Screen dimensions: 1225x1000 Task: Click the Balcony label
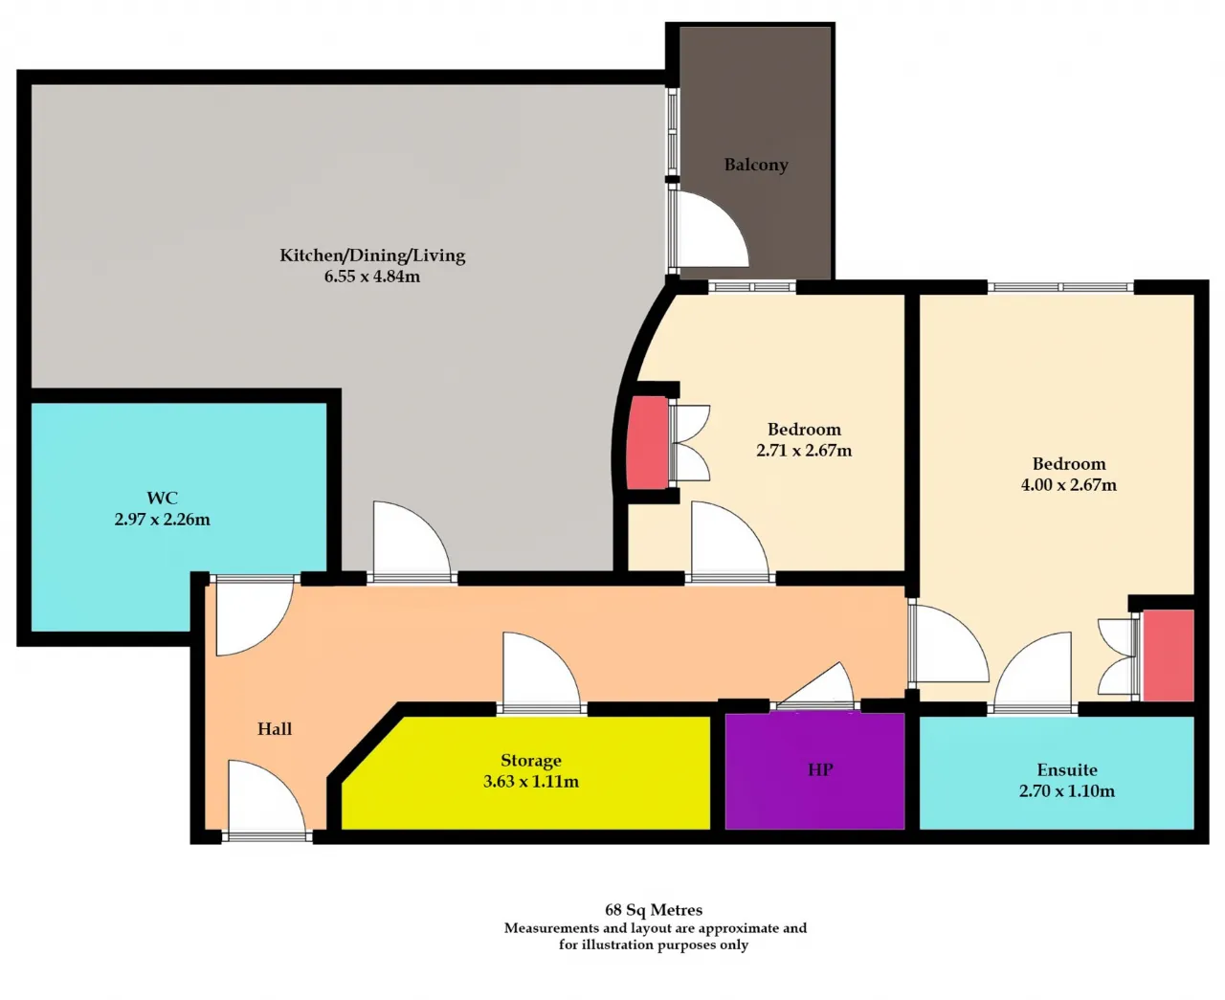(x=756, y=165)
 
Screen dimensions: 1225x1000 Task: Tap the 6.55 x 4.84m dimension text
(x=371, y=277)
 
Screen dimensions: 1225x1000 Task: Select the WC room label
(x=162, y=498)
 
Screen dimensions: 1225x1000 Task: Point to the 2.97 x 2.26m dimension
(x=162, y=520)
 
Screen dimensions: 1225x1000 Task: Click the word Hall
(x=275, y=729)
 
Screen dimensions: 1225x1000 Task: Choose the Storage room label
(x=531, y=761)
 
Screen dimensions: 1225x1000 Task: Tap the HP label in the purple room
(x=820, y=770)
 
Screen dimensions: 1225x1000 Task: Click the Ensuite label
(x=1067, y=770)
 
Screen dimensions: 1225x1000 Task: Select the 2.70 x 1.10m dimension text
(x=1067, y=791)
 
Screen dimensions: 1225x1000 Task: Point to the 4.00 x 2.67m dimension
(x=1069, y=485)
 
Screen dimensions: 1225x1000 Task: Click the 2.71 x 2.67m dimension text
(x=804, y=451)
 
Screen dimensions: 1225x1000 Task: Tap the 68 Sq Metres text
(x=654, y=909)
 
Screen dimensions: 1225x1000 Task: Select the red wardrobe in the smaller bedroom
(x=648, y=442)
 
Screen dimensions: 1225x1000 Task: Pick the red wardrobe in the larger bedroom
(x=1169, y=656)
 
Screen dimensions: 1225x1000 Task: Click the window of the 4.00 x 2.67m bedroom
(x=1060, y=286)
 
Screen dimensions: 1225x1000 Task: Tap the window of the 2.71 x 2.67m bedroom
(x=751, y=286)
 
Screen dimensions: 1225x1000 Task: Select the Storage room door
(x=542, y=673)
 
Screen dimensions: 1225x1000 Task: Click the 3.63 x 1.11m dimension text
(x=531, y=782)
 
